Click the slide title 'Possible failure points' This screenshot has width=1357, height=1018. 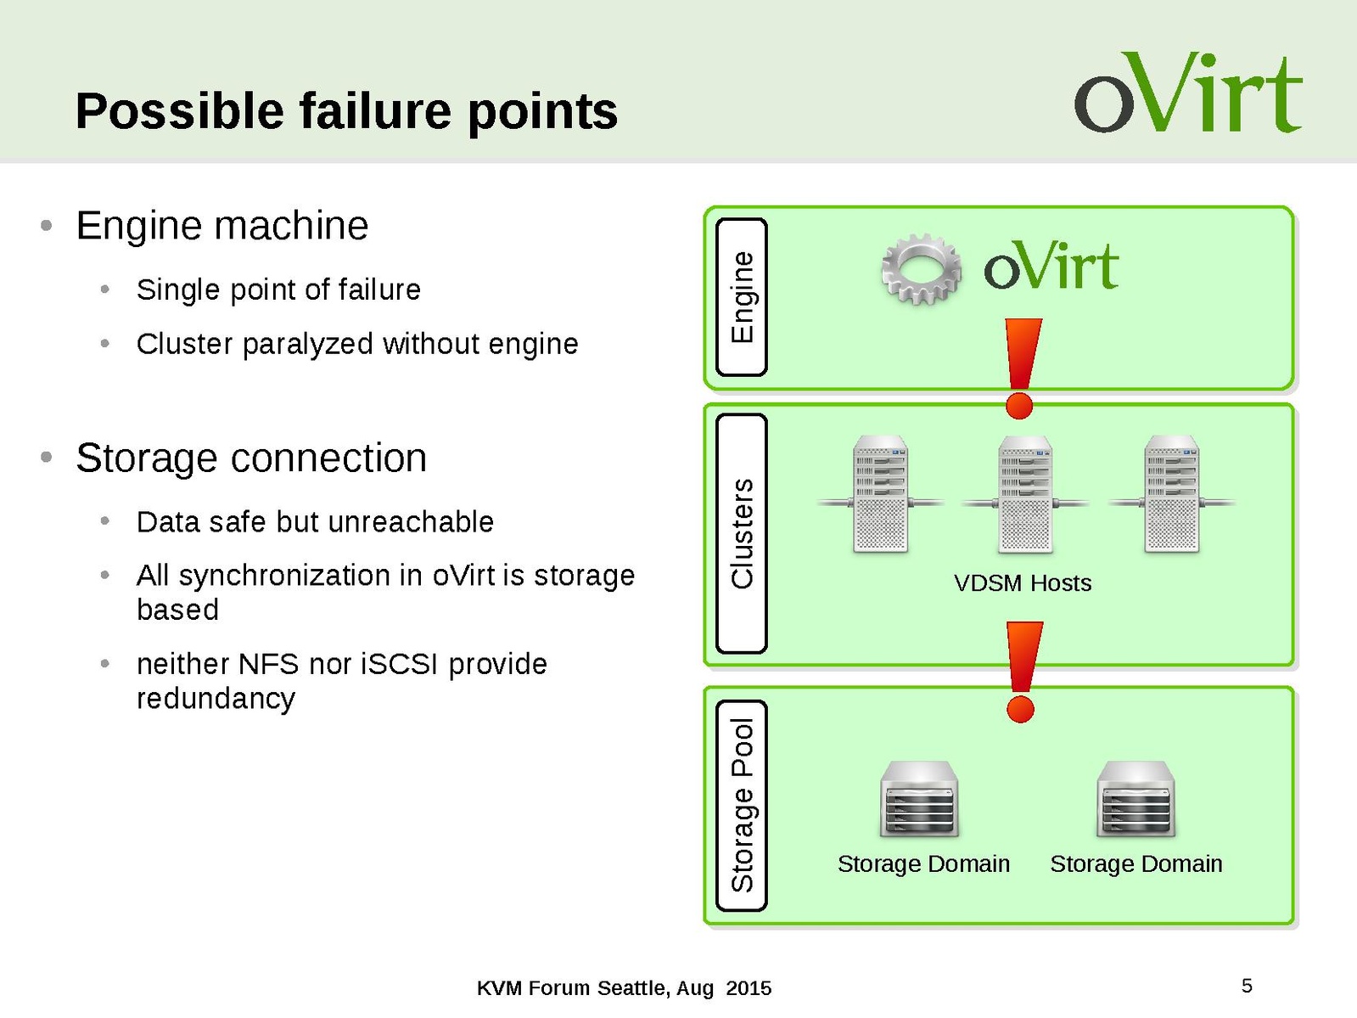346,111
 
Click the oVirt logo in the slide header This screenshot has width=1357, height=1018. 1187,93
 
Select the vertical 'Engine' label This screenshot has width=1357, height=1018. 742,297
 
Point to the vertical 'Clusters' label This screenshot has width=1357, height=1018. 742,533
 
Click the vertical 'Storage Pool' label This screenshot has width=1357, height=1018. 742,805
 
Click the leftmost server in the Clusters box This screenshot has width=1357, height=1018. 880,494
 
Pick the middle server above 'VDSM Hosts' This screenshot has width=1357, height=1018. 1025,494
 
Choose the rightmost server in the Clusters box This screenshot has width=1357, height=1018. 1171,494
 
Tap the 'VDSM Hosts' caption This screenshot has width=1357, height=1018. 1022,583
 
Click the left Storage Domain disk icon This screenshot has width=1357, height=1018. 920,799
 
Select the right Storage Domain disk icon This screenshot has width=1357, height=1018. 1136,799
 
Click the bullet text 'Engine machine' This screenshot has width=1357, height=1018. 222,226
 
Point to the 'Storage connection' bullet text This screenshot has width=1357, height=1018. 251,458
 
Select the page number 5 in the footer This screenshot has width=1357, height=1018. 1247,986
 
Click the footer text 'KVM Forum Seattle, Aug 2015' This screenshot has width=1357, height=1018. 624,988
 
